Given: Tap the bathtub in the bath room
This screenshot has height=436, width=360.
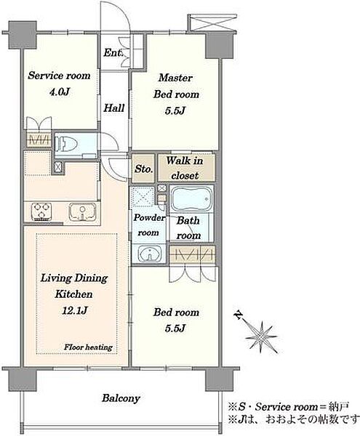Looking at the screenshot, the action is (191, 199).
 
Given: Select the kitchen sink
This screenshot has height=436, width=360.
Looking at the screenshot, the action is (83, 212).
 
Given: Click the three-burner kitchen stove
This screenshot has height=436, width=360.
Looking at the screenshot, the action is (41, 212).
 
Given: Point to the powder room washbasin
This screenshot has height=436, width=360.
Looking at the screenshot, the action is (150, 254).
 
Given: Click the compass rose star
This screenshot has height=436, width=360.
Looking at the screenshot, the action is (262, 335).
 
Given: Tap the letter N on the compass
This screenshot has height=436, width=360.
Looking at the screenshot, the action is (239, 314).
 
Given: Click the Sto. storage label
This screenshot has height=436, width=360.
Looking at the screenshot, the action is (143, 169).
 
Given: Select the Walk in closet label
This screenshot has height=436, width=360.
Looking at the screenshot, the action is (185, 169).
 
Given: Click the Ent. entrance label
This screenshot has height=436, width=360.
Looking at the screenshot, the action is (113, 52).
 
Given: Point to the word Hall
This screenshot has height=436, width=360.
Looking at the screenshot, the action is (114, 108).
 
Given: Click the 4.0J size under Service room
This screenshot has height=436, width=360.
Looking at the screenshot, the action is (59, 92).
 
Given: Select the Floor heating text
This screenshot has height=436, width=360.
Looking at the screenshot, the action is (88, 347).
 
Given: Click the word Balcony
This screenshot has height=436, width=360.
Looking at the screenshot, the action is (121, 398).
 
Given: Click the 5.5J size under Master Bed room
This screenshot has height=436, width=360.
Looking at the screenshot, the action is (175, 110).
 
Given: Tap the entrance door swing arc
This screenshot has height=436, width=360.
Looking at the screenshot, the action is (123, 12).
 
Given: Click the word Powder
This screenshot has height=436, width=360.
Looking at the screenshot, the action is (149, 218).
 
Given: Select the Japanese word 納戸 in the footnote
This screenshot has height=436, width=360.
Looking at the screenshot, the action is (338, 407).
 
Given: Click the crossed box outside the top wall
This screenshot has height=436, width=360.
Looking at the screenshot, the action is (213, 23).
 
